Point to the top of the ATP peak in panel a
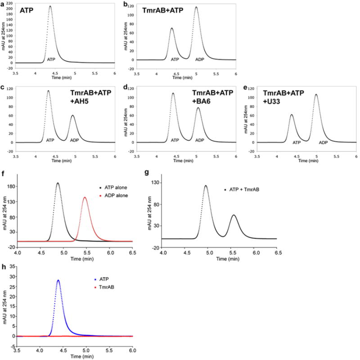[50, 6]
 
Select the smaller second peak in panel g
[234, 215]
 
